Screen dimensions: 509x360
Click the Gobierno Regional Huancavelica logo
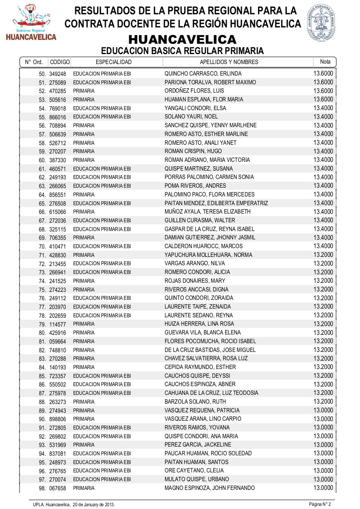[x=31, y=22]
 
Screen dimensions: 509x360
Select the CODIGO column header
[x=60, y=62]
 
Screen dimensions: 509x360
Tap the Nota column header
[x=325, y=62]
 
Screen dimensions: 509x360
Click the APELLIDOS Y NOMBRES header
[x=229, y=62]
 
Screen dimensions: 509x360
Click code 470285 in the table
[x=58, y=91]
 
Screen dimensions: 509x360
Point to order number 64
[x=42, y=195]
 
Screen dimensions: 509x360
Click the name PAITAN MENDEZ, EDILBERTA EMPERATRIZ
[x=216, y=203]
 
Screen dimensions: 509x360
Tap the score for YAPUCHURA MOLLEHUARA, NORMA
[x=323, y=254]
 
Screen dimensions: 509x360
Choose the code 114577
[x=58, y=324]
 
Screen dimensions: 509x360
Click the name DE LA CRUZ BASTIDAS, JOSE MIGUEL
[x=210, y=350]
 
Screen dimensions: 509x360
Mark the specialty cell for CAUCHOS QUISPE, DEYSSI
[x=102, y=376]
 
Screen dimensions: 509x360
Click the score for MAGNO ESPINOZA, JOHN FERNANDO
[x=323, y=488]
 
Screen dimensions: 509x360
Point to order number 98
[x=42, y=488]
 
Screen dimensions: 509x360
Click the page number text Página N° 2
[x=320, y=504]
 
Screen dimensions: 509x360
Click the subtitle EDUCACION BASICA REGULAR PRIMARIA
[x=182, y=51]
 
